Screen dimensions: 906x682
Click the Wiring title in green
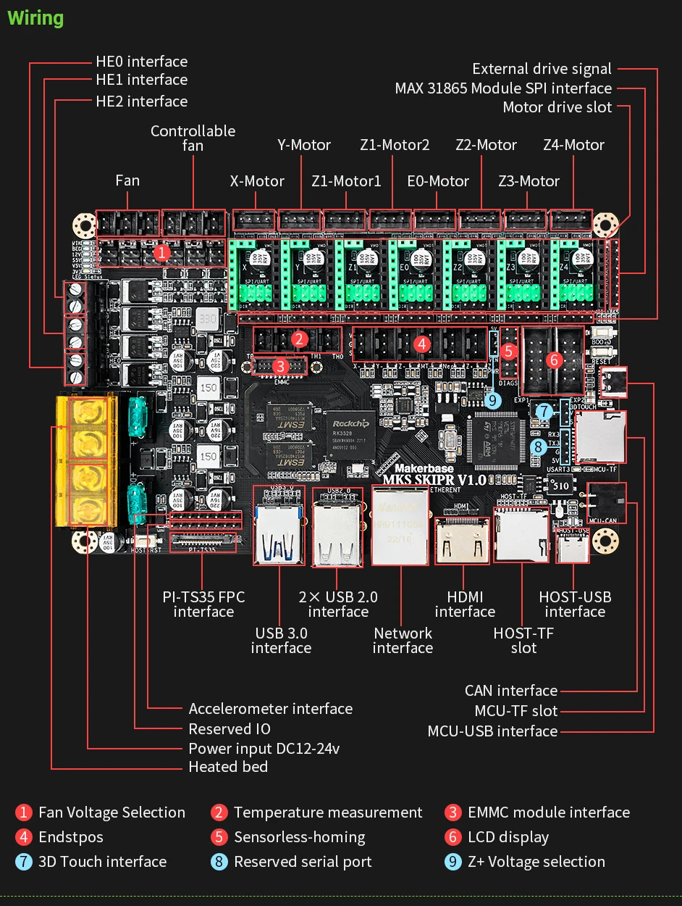pos(35,18)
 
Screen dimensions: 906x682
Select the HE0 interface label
pos(141,62)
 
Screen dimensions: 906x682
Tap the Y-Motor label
pos(304,145)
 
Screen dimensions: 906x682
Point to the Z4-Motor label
pos(573,145)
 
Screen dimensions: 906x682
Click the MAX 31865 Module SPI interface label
pos(503,88)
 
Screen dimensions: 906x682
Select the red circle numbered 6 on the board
pos(554,359)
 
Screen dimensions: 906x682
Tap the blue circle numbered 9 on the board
pos(494,399)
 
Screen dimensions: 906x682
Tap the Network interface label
pos(403,640)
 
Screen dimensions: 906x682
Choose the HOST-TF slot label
pos(523,640)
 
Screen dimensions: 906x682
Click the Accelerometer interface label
pos(271,709)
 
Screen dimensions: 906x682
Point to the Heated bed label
pos(228,767)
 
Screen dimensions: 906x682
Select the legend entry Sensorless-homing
pos(299,837)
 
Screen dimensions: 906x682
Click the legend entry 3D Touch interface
pos(102,862)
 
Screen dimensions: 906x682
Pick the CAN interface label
pos(511,691)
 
